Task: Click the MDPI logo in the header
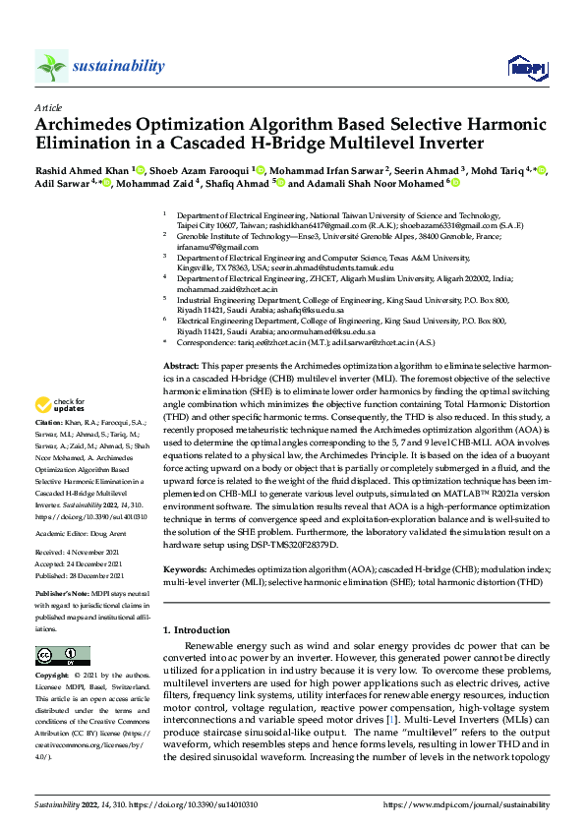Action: (x=521, y=67)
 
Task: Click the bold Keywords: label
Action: (x=186, y=568)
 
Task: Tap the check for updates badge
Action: (x=59, y=431)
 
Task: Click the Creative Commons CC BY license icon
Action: (x=56, y=655)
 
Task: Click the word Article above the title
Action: (x=47, y=107)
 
